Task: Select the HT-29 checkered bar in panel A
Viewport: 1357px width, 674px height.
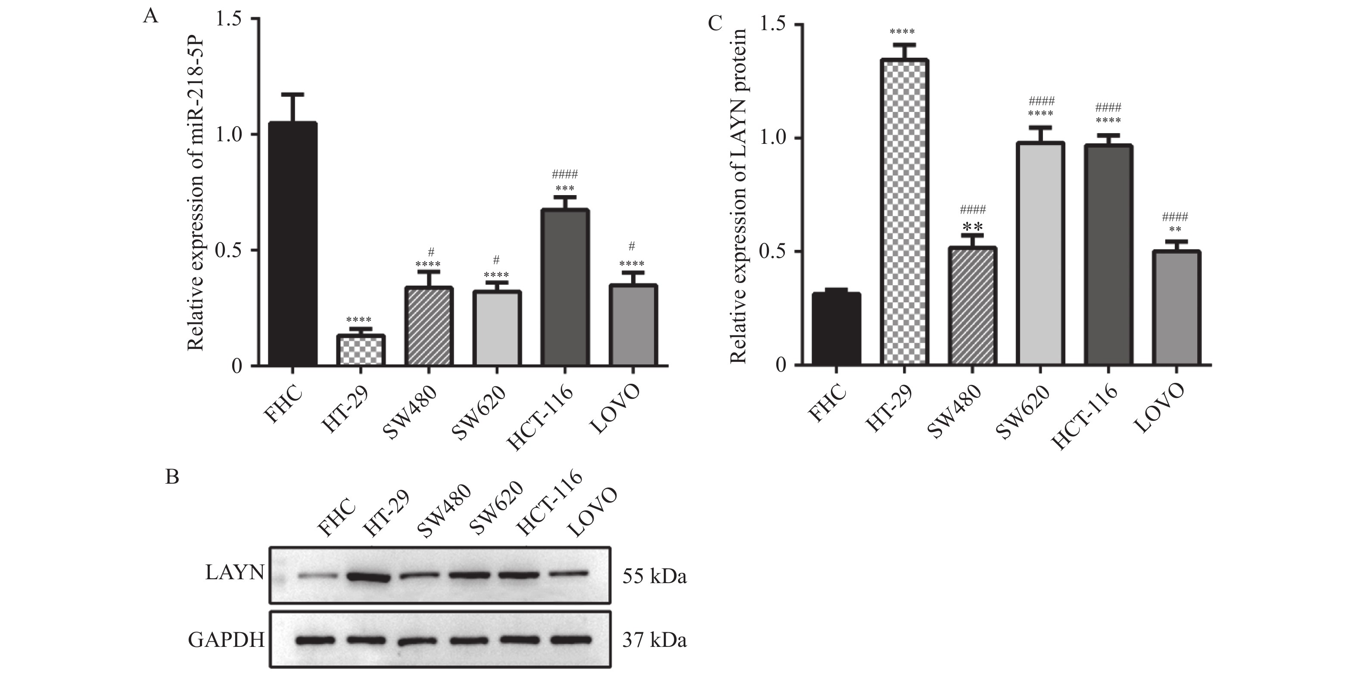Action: [x=361, y=350]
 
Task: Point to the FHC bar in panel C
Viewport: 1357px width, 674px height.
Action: [x=837, y=329]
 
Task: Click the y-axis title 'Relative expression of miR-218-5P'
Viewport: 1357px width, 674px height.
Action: [x=196, y=193]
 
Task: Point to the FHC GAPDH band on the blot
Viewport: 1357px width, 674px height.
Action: [x=315, y=640]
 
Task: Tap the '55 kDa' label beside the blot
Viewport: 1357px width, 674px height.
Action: [x=654, y=577]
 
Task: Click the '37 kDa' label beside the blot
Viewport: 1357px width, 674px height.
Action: [x=654, y=640]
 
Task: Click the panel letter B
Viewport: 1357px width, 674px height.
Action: [x=172, y=477]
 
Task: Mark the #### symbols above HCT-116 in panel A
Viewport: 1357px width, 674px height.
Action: [x=565, y=174]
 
